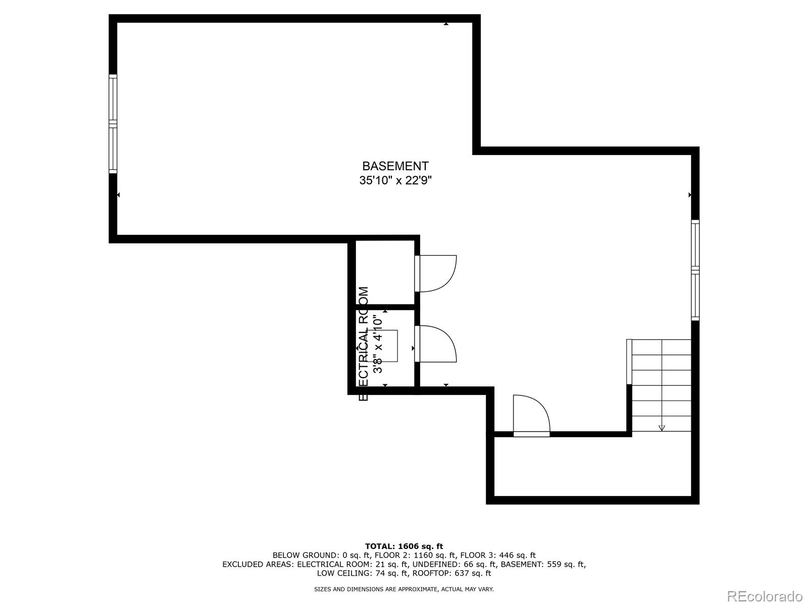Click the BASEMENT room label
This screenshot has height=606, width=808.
[395, 166]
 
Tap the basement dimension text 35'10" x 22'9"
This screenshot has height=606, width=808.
[395, 180]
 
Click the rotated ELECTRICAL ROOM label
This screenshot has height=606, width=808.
[364, 343]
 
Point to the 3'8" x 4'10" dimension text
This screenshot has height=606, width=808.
[378, 344]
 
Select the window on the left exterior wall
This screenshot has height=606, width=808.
[113, 124]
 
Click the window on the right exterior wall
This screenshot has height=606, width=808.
[695, 270]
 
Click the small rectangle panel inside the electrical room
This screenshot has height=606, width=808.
[389, 345]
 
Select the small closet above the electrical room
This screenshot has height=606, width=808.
[385, 273]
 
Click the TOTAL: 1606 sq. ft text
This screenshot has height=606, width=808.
[404, 546]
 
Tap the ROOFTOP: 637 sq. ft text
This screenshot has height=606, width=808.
[451, 573]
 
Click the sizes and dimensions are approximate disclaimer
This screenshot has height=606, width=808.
[404, 589]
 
